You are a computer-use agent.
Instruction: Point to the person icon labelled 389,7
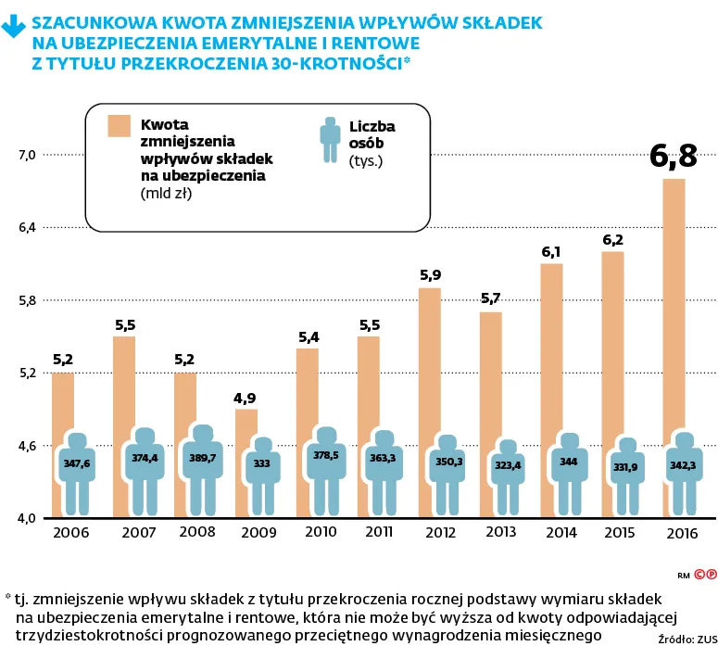coord(204,460)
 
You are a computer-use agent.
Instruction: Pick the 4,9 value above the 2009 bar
coord(246,399)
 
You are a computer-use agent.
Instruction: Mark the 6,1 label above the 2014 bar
coord(551,252)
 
